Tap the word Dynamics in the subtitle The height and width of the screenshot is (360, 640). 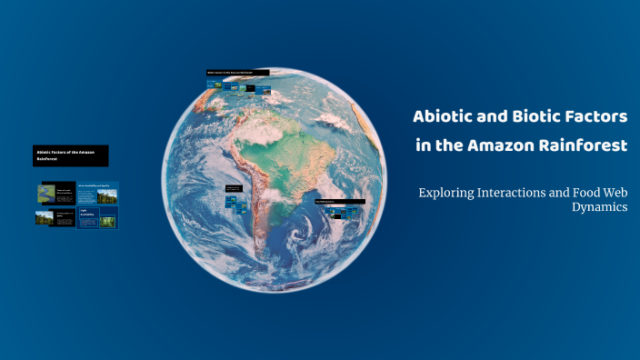[599, 207]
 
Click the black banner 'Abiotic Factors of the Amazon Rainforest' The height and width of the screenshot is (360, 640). [71, 155]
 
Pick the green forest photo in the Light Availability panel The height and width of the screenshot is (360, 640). [107, 220]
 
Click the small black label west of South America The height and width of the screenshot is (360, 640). [234, 188]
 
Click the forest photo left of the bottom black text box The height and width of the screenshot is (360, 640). [45, 218]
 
